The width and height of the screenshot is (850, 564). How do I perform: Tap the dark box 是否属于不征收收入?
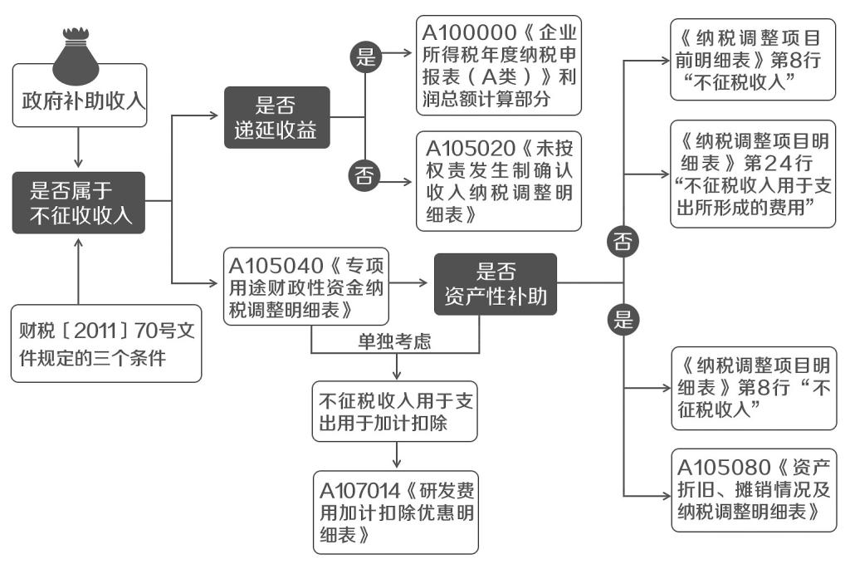(79, 203)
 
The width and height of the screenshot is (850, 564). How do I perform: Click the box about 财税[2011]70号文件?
(107, 344)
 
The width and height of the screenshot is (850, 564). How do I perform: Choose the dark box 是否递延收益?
(276, 118)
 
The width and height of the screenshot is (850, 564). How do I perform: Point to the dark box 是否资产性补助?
(495, 284)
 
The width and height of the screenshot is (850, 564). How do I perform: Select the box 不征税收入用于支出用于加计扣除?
(395, 411)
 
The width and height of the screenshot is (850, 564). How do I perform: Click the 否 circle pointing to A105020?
(364, 175)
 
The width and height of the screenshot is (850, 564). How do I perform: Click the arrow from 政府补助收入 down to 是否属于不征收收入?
(79, 150)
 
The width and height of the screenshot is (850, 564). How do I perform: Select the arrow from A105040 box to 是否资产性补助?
(412, 284)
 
